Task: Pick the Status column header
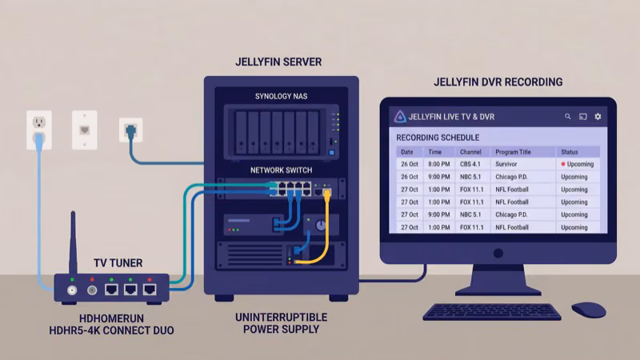[570, 151]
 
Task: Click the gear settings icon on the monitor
[597, 117]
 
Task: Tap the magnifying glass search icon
[568, 117]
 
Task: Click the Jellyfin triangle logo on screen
[399, 117]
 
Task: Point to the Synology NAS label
[281, 97]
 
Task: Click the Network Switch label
[281, 170]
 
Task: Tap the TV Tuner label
[118, 262]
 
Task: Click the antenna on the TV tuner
[74, 240]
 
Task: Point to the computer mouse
[588, 309]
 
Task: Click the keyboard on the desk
[491, 311]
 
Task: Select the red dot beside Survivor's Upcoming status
[563, 164]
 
